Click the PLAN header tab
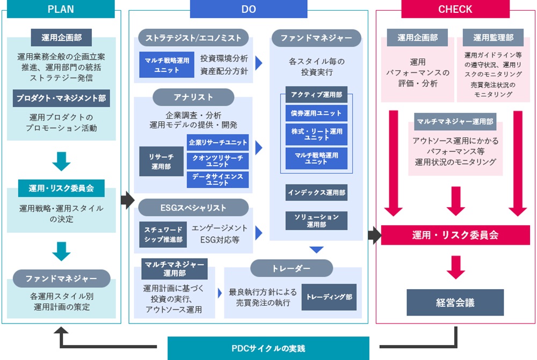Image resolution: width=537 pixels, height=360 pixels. [x=61, y=9]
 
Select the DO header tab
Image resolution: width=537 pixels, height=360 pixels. [x=248, y=9]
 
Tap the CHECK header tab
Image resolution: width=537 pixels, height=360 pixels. [x=455, y=9]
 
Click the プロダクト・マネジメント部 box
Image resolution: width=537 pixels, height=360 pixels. [x=61, y=98]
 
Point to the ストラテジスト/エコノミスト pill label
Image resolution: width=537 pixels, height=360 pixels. [x=194, y=38]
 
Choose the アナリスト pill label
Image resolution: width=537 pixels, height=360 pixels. [x=193, y=97]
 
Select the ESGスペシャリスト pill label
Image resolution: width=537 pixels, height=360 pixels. [x=194, y=208]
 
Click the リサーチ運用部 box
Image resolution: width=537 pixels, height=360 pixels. [x=162, y=161]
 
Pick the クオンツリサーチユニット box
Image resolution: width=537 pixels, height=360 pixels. [x=217, y=160]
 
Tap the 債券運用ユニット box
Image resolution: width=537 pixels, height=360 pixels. [x=316, y=113]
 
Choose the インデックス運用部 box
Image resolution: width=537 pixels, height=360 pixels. [x=316, y=192]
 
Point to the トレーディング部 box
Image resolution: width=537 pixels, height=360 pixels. [x=329, y=297]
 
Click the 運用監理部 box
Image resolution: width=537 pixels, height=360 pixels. [x=493, y=38]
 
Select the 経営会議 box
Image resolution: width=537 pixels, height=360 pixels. [x=455, y=303]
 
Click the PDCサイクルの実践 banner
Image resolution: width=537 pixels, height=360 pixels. [x=268, y=348]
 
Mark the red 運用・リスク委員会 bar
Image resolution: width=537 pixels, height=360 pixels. [x=455, y=235]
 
